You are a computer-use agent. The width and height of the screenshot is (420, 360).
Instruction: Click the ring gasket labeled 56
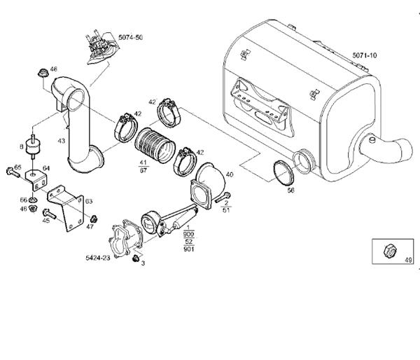tap(283, 174)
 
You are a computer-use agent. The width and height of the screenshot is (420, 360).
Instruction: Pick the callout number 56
tap(290, 190)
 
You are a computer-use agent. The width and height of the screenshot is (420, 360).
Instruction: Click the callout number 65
tap(17, 167)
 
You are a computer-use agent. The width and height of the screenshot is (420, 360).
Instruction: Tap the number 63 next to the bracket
tap(89, 201)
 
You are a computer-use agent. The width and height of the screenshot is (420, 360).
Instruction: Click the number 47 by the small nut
tap(89, 226)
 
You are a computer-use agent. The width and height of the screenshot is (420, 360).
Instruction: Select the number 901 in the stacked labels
tap(188, 249)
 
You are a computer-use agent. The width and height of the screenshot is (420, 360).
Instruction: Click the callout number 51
tap(225, 209)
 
